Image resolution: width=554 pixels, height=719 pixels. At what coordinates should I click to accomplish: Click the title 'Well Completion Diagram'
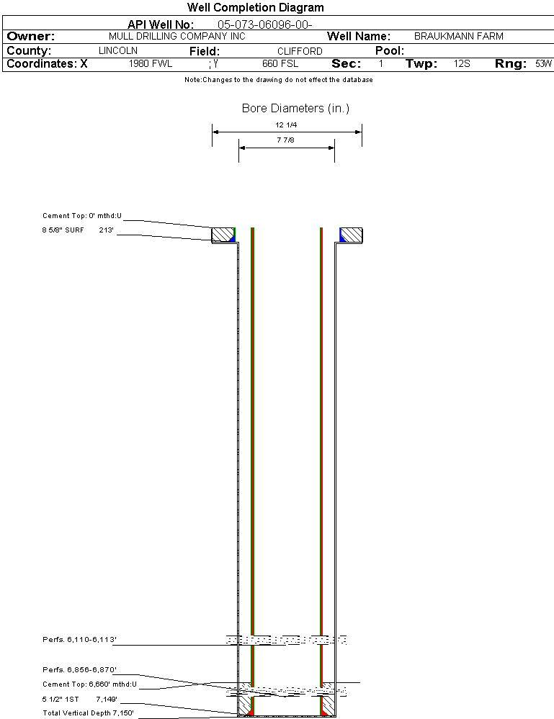click(x=255, y=7)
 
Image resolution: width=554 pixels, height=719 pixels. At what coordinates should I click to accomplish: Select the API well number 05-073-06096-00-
click(x=265, y=24)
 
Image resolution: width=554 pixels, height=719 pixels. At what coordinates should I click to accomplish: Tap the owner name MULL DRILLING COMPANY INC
click(x=177, y=36)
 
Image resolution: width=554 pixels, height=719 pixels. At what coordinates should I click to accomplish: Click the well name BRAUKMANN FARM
click(x=458, y=36)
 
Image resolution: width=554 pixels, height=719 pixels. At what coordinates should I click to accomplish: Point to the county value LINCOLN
click(x=118, y=50)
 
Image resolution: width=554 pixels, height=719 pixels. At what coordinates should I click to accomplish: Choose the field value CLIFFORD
click(x=300, y=51)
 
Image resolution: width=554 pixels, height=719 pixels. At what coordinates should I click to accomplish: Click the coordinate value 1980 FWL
click(x=151, y=63)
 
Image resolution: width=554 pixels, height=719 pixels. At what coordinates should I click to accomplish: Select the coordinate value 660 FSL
click(x=280, y=63)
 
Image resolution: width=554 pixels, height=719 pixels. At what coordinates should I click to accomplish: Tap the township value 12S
click(x=462, y=63)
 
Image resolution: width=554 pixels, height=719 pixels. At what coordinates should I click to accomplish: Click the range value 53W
click(x=543, y=63)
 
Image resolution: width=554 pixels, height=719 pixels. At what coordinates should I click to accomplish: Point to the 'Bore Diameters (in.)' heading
click(x=295, y=108)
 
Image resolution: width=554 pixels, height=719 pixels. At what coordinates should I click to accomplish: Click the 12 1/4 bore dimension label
click(x=286, y=125)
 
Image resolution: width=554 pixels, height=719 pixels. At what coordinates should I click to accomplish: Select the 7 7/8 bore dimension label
click(x=285, y=140)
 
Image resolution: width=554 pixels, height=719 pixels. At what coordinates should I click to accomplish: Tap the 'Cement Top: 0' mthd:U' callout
click(x=82, y=215)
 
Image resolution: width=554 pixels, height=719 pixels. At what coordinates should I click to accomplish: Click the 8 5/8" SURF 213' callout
click(x=78, y=230)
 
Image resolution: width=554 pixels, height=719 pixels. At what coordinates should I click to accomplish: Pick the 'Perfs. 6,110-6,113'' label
click(x=79, y=639)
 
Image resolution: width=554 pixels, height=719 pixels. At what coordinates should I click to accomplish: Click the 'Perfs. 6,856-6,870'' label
click(x=79, y=669)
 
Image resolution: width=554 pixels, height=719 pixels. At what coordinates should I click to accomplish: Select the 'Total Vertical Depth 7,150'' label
click(x=88, y=713)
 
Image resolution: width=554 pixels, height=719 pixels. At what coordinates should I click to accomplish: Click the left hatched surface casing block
click(x=223, y=235)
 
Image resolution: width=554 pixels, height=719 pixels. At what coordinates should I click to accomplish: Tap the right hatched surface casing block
click(x=351, y=235)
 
